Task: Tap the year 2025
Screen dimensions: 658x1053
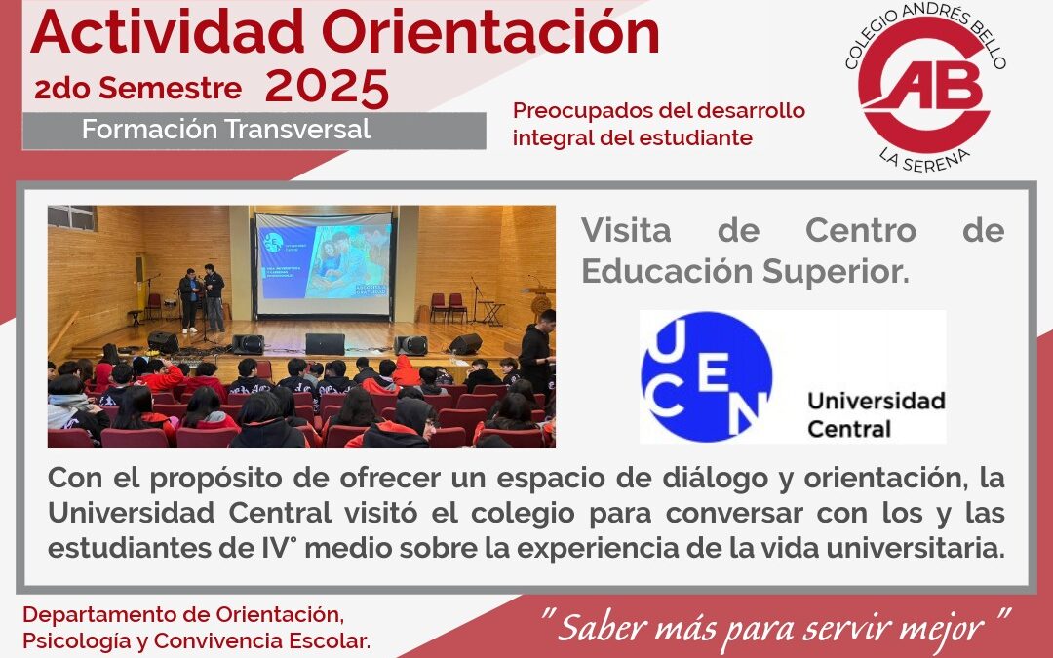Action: point(327,88)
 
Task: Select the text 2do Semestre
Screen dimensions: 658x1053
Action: point(137,89)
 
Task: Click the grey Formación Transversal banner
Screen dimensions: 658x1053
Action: point(253,130)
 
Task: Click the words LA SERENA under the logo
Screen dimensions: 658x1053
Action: point(908,155)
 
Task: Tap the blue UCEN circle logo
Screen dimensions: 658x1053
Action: point(706,376)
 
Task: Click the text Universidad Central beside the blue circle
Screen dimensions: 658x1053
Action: point(876,414)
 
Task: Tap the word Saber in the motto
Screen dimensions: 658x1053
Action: point(601,626)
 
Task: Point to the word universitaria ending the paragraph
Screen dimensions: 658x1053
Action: point(916,547)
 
